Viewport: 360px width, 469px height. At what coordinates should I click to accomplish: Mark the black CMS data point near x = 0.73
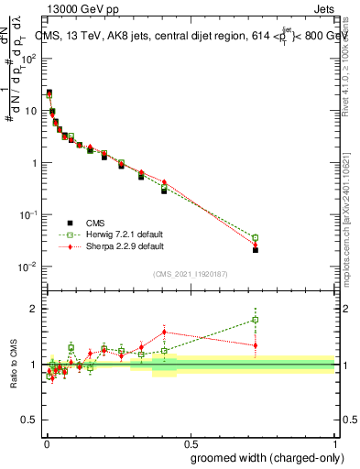pos(256,249)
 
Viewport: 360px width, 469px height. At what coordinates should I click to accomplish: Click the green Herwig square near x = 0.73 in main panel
pos(256,237)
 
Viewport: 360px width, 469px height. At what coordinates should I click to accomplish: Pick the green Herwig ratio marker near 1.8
pos(256,320)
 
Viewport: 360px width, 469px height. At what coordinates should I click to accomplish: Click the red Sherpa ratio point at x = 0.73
pos(256,345)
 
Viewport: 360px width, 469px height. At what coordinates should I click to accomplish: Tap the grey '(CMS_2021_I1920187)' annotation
pos(189,272)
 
